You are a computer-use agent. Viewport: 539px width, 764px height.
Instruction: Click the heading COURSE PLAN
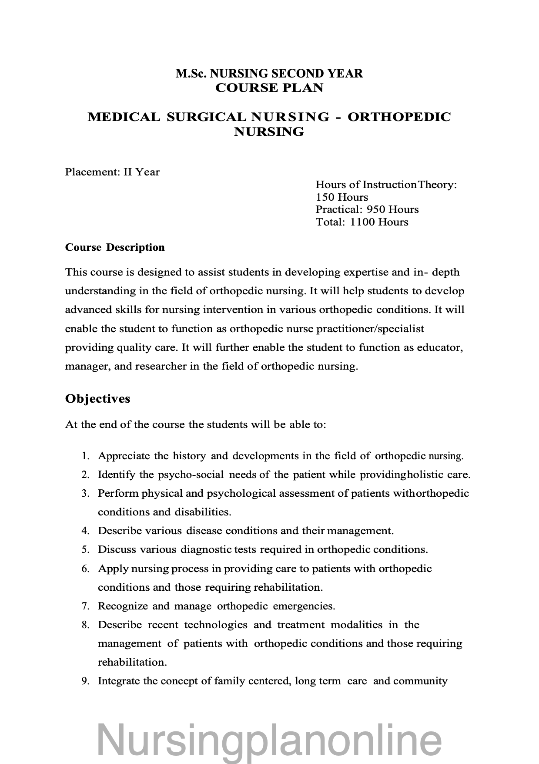point(269,88)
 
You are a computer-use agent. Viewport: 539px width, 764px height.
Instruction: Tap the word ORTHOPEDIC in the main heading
point(399,117)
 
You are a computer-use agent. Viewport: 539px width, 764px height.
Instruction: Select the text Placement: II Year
point(112,172)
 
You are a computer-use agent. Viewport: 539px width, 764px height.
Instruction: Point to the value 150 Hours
point(341,197)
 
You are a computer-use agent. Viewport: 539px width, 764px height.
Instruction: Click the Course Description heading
point(115,247)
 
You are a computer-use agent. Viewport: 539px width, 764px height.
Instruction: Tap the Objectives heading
point(97,399)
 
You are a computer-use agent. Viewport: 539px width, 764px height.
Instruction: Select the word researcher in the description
point(161,366)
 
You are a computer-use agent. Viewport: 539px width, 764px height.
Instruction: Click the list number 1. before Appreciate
point(86,456)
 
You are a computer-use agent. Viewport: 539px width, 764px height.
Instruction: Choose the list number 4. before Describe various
point(86,531)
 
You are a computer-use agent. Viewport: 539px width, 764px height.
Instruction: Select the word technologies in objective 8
point(216,625)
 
